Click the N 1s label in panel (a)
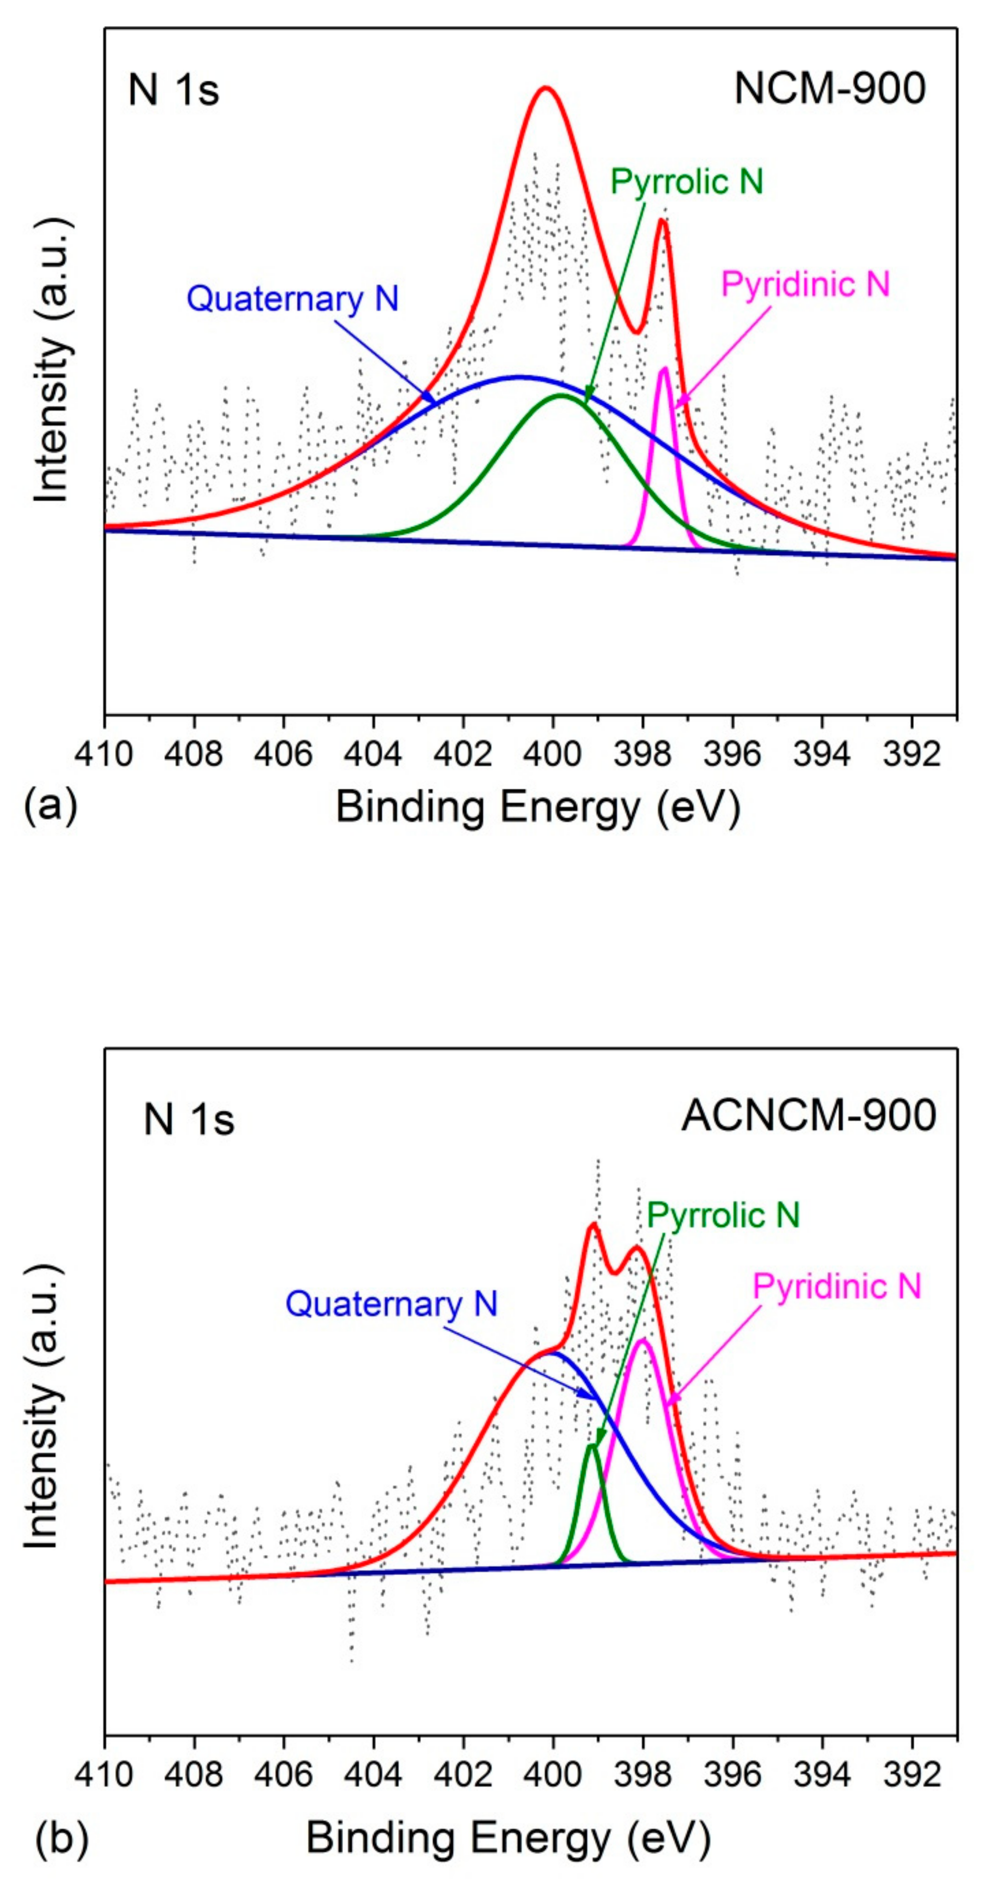(x=173, y=91)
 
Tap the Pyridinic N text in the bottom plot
(x=836, y=1287)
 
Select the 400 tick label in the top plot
(x=553, y=754)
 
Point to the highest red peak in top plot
(x=545, y=88)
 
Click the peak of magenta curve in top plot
(x=664, y=369)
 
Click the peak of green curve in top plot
(x=561, y=395)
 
